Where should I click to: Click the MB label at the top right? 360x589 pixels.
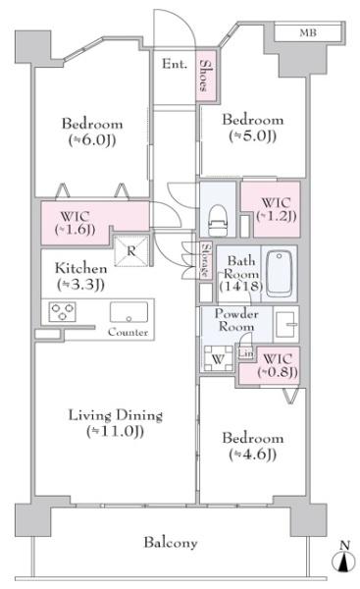pyautogui.click(x=308, y=33)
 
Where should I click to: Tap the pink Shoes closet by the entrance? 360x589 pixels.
pyautogui.click(x=206, y=76)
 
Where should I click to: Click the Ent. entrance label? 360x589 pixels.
pyautogui.click(x=175, y=64)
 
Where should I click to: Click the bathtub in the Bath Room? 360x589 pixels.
pyautogui.click(x=280, y=274)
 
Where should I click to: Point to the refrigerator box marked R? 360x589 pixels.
pyautogui.click(x=130, y=250)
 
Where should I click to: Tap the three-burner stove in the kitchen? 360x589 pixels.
pyautogui.click(x=63, y=312)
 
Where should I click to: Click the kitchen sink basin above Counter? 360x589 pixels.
pyautogui.click(x=129, y=312)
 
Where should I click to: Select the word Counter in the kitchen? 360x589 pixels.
pyautogui.click(x=128, y=332)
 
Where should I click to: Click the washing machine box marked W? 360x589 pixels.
pyautogui.click(x=218, y=358)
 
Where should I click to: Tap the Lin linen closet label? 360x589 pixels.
pyautogui.click(x=246, y=353)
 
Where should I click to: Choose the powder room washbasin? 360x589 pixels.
pyautogui.click(x=286, y=324)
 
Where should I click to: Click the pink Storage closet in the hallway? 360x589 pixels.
pyautogui.click(x=206, y=260)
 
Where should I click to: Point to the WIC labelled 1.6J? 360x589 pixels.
pyautogui.click(x=76, y=223)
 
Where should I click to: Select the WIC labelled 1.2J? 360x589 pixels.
pyautogui.click(x=277, y=209)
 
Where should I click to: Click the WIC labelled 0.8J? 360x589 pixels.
pyautogui.click(x=278, y=365)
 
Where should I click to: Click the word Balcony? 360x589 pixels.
pyautogui.click(x=171, y=543)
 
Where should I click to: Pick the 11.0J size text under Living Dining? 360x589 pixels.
pyautogui.click(x=115, y=431)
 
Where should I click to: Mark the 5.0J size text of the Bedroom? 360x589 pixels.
pyautogui.click(x=253, y=135)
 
